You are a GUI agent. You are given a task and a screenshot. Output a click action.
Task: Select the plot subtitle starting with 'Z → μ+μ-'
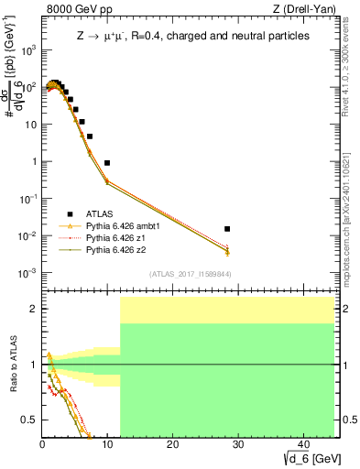pos(192,36)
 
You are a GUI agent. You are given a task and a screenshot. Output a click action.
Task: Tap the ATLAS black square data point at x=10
pos(107,163)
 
